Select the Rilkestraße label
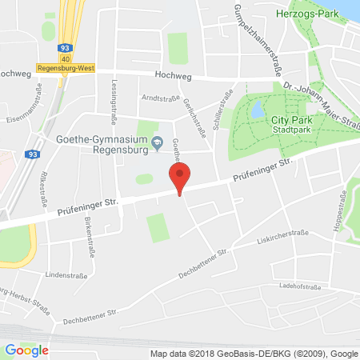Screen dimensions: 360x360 38,186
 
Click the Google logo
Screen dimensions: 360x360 26,350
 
